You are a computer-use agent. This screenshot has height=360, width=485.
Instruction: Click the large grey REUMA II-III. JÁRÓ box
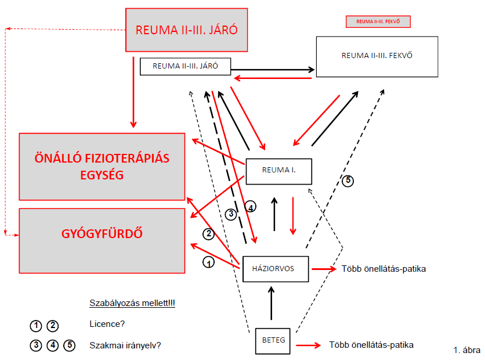tap(186, 30)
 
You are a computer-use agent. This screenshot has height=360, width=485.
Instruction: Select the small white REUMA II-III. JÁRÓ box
tap(185, 66)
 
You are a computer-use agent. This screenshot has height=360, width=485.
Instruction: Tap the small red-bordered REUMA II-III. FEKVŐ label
tap(378, 21)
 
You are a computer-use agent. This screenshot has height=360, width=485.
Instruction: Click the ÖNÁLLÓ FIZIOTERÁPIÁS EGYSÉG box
tap(102, 167)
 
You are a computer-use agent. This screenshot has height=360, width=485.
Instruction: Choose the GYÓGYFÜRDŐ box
tap(102, 241)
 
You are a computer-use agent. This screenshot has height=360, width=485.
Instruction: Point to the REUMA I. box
tap(278, 171)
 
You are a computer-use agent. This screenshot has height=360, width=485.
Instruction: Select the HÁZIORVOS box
tap(276, 269)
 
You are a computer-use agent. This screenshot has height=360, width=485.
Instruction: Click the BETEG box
tap(273, 341)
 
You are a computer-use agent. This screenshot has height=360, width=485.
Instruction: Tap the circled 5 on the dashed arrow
tap(348, 181)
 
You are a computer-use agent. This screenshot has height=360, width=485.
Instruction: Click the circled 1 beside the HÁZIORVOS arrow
tap(208, 262)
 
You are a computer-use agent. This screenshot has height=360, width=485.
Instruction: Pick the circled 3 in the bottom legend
tap(36, 345)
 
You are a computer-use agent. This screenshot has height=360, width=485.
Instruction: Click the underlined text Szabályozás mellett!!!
tap(132, 303)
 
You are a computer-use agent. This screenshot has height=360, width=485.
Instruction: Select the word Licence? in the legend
tap(107, 324)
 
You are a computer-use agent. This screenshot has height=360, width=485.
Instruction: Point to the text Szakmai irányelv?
tap(125, 345)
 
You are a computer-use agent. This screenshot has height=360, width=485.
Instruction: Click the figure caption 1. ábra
tap(467, 350)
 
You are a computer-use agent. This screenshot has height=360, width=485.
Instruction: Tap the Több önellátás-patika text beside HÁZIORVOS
tap(383, 269)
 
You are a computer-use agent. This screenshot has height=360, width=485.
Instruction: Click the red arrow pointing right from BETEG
tap(308, 345)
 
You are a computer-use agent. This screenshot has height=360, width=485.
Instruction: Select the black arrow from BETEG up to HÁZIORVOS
tap(272, 303)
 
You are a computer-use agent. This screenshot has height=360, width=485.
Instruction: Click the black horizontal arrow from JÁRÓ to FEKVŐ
tap(273, 70)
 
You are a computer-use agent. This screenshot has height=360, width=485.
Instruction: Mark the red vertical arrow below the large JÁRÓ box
tap(133, 92)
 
